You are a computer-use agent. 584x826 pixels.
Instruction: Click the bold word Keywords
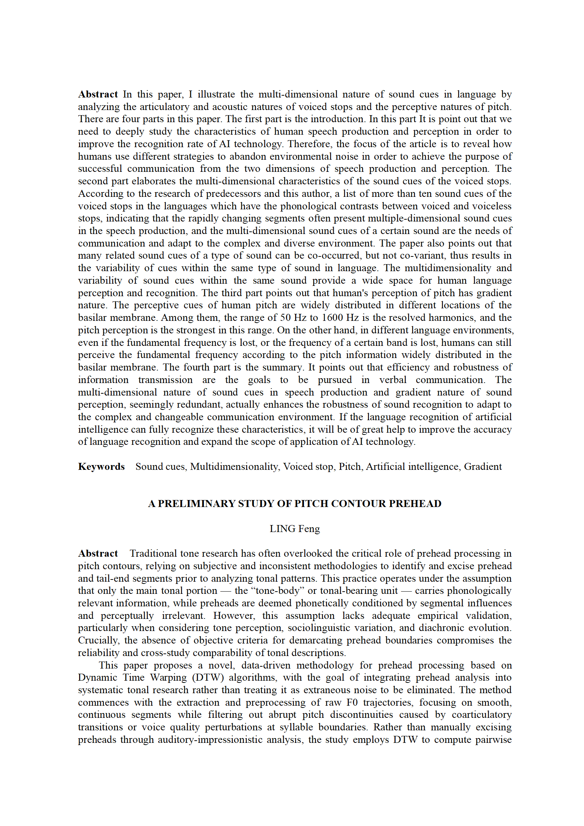click(101, 467)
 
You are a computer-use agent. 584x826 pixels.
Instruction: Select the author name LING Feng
click(294, 529)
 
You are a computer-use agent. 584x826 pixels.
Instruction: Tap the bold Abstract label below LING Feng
click(98, 553)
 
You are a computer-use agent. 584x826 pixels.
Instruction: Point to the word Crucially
click(99, 640)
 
